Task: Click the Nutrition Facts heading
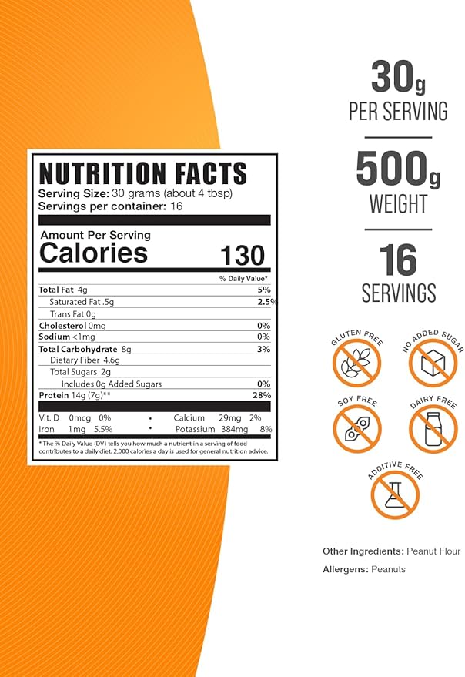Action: pos(142,172)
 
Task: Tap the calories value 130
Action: pos(242,255)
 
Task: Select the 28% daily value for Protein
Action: pos(261,395)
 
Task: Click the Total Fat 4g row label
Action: pos(63,290)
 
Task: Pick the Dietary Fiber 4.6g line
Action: pos(85,360)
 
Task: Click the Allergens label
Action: pos(344,569)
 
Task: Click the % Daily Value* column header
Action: pos(243,278)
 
